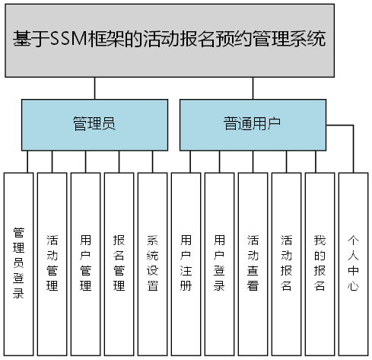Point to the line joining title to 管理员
coord(95,88)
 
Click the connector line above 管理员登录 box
coord(28,161)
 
